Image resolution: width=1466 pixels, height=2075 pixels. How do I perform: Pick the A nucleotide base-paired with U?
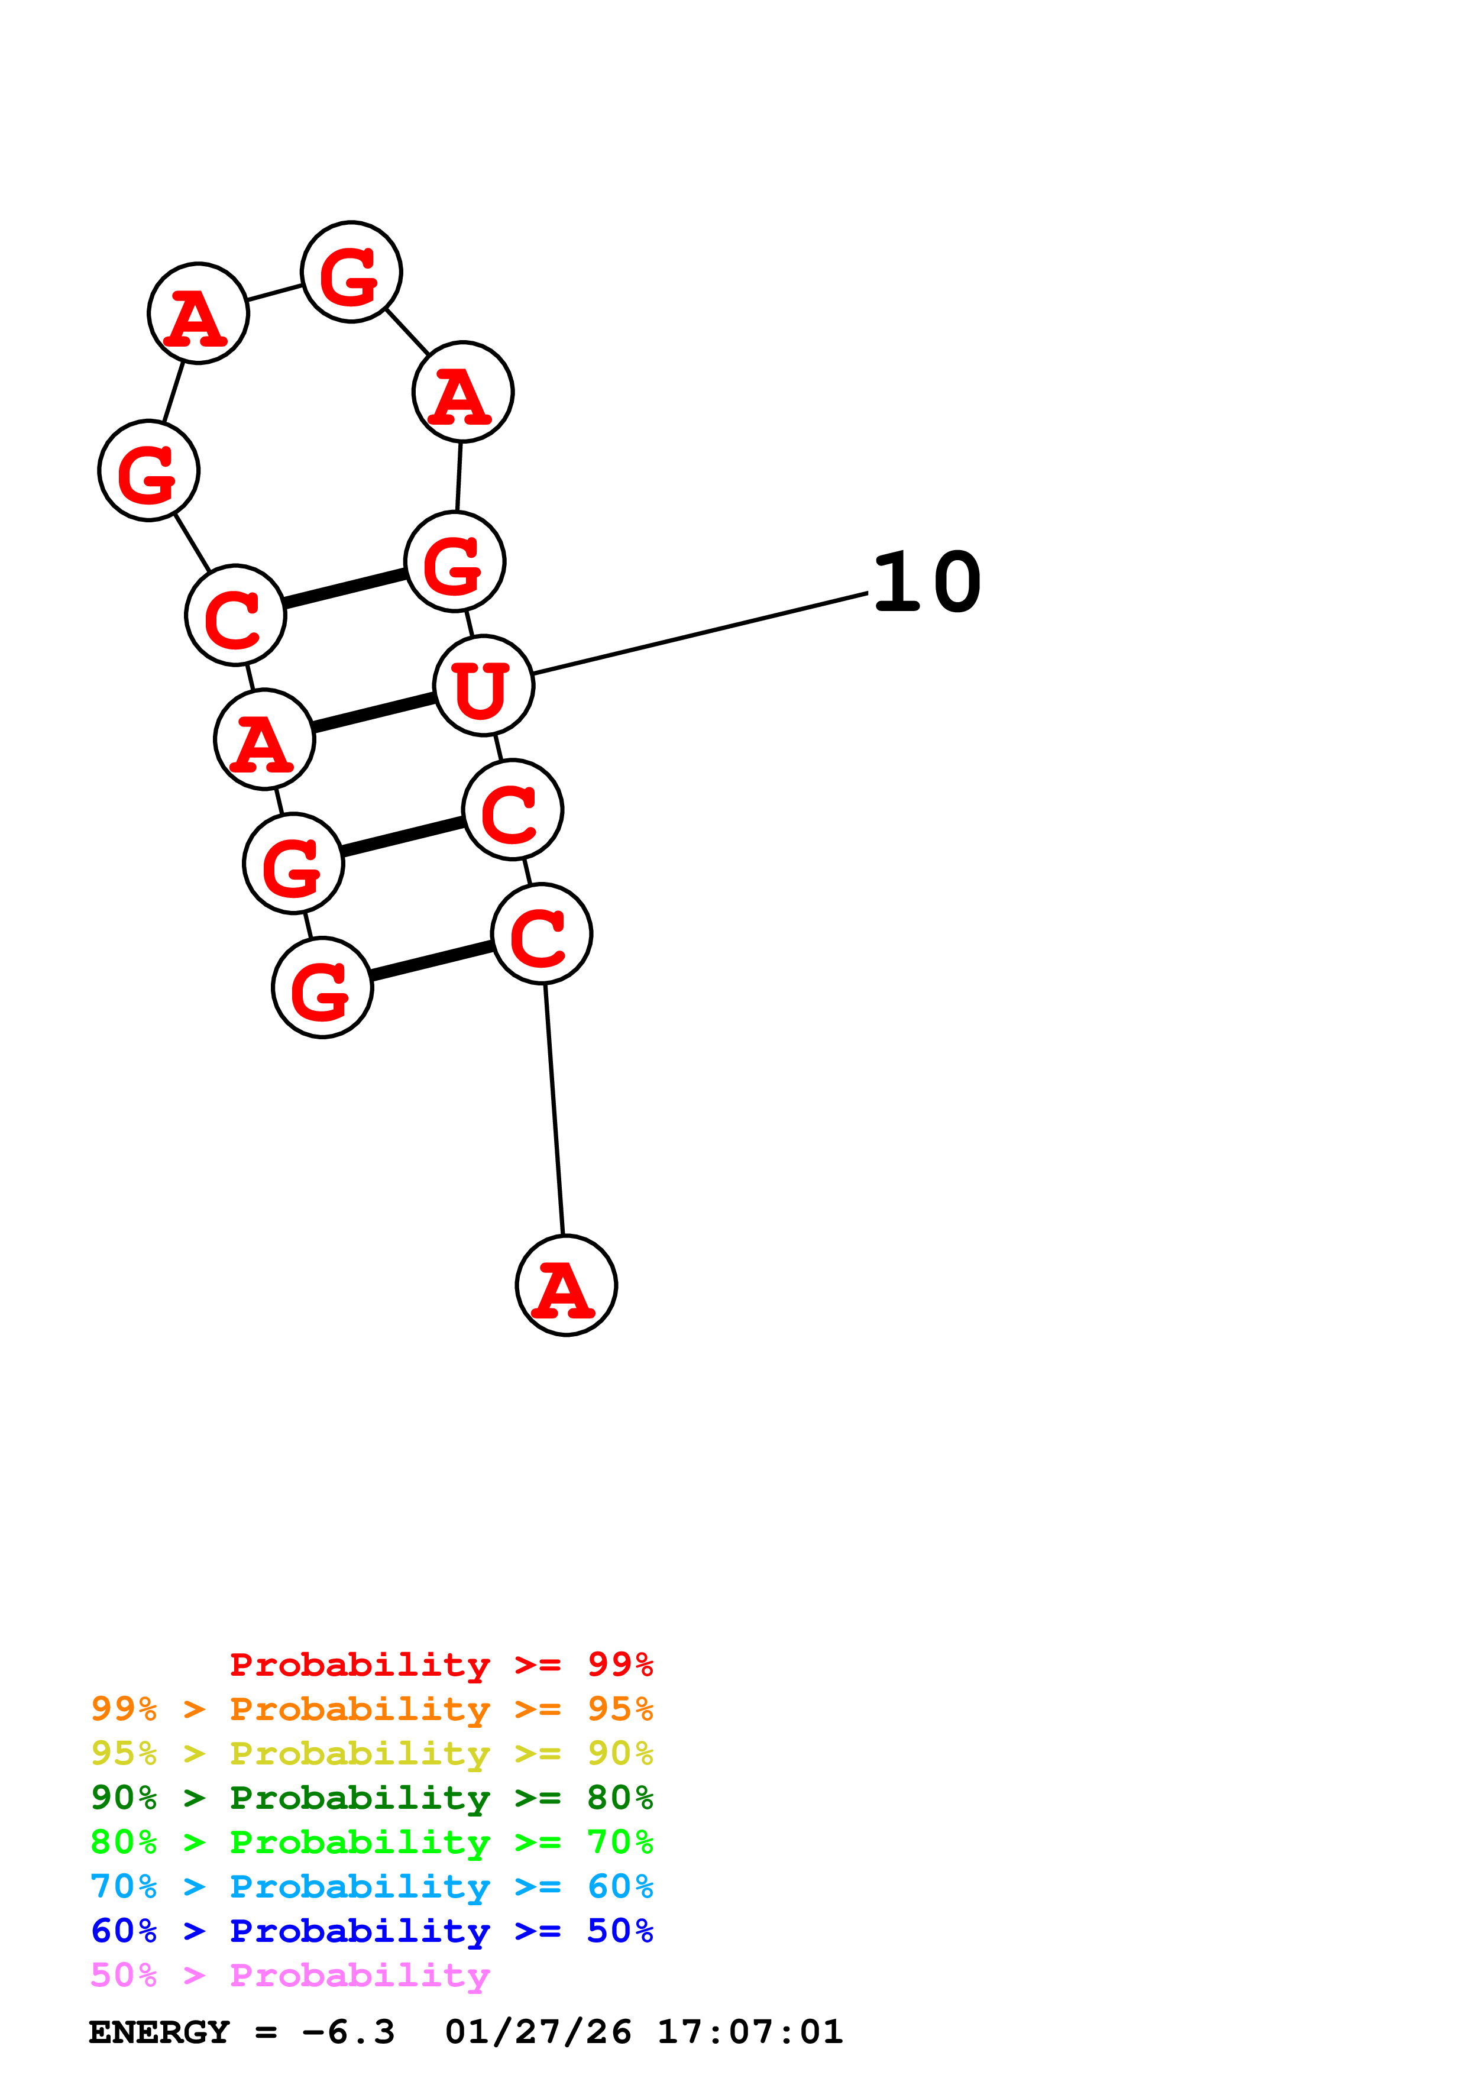point(264,739)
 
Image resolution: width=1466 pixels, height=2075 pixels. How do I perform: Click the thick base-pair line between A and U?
point(374,712)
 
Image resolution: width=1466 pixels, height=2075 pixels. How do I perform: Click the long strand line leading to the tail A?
point(554,1109)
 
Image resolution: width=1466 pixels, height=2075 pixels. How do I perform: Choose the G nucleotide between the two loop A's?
point(351,271)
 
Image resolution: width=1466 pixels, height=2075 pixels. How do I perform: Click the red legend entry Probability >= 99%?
point(441,1664)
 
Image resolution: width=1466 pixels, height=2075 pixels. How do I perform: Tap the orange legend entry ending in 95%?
point(371,1709)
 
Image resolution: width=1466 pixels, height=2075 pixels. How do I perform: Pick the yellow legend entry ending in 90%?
point(371,1753)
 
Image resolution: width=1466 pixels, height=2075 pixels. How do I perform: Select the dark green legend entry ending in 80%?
point(371,1798)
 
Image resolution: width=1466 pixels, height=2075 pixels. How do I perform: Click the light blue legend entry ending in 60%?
point(371,1886)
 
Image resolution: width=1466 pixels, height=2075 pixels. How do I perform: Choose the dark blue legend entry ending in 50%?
point(371,1931)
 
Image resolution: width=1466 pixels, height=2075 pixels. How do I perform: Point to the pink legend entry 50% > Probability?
point(290,1974)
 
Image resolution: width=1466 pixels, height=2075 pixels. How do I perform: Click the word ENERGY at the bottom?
point(159,2032)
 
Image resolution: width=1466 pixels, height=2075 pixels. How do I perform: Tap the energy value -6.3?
point(349,2032)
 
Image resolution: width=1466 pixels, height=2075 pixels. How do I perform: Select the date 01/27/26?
point(538,2032)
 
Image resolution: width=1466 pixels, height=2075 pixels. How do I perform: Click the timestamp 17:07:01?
point(750,2032)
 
